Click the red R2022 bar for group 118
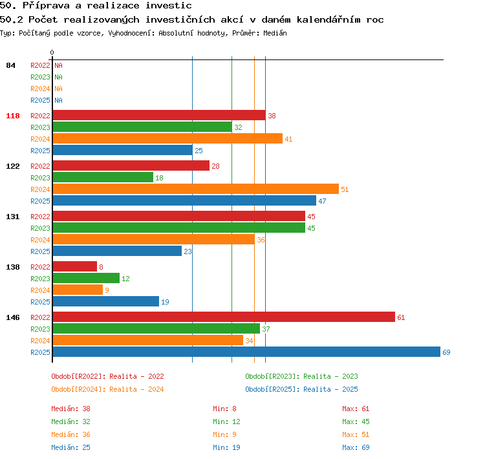pyautogui.click(x=159, y=115)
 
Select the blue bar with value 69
pyautogui.click(x=246, y=352)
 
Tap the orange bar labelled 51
pyautogui.click(x=196, y=189)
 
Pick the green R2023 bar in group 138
pyautogui.click(x=86, y=278)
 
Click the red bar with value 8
pyautogui.click(x=75, y=266)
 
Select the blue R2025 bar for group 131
pyautogui.click(x=117, y=251)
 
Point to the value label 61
pyautogui.click(x=401, y=317)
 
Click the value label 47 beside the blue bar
pyautogui.click(x=322, y=201)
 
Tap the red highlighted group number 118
pyautogui.click(x=13, y=116)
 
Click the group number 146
pyautogui.click(x=13, y=317)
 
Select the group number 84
pyautogui.click(x=10, y=65)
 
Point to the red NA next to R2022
pyautogui.click(x=58, y=65)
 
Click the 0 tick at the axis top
pyautogui.click(x=52, y=52)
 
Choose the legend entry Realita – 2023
pyautogui.click(x=330, y=376)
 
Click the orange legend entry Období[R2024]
pyautogui.click(x=78, y=389)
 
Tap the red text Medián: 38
pyautogui.click(x=70, y=409)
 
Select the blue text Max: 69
pyautogui.click(x=356, y=447)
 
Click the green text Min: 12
pyautogui.click(x=226, y=422)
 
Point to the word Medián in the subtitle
pyautogui.click(x=275, y=33)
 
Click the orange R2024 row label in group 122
pyautogui.click(x=40, y=189)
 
